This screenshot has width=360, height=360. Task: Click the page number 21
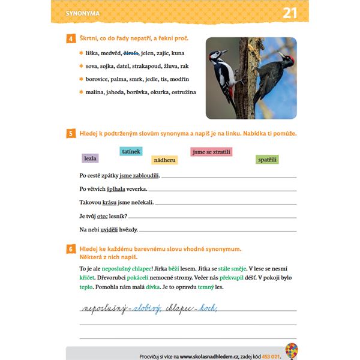point(290,13)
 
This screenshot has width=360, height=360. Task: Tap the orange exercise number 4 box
point(71,39)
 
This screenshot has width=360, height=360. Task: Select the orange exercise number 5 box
point(71,133)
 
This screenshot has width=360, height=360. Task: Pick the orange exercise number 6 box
point(71,248)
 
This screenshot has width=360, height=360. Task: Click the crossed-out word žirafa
point(131,53)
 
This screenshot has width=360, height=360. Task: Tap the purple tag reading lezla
point(91,158)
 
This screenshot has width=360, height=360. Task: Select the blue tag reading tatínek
point(131,151)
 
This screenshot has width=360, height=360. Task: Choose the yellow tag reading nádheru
point(164,160)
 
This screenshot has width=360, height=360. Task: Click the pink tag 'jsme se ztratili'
point(211,152)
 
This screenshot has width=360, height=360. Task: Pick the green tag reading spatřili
point(267,159)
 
